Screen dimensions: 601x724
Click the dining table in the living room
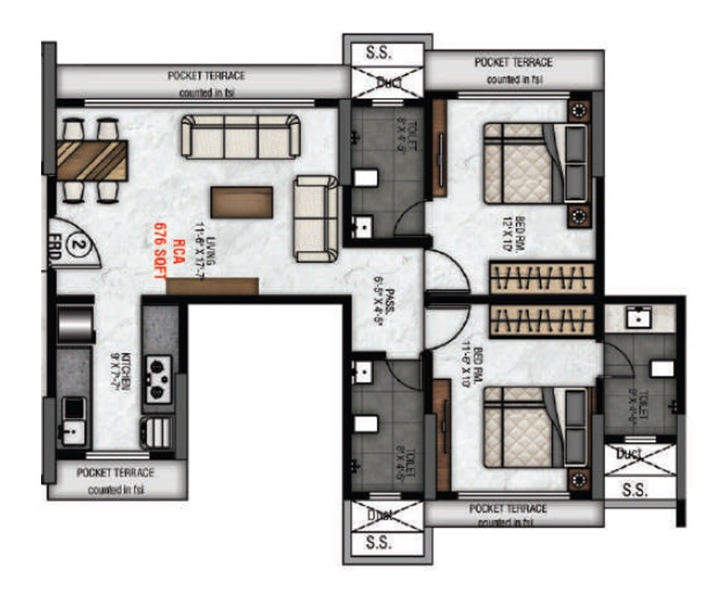point(91,160)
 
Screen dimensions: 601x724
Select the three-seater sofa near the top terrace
point(240,135)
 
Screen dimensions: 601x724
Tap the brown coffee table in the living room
point(241,202)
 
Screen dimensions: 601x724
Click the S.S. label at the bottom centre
point(388,542)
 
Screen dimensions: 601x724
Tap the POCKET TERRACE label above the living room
point(206,76)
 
